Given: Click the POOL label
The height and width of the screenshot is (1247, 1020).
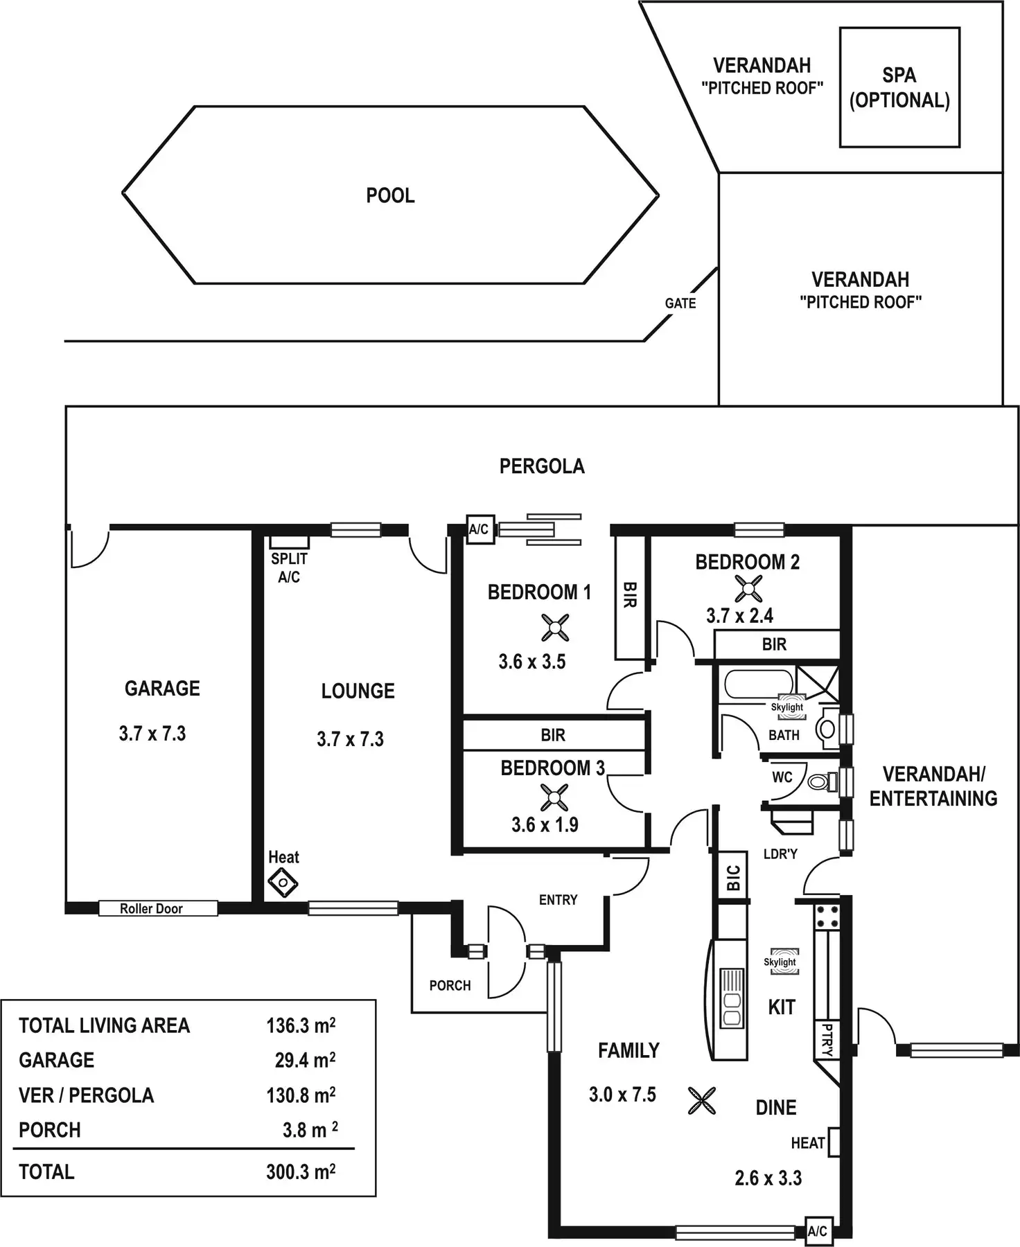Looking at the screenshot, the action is pyautogui.click(x=390, y=195).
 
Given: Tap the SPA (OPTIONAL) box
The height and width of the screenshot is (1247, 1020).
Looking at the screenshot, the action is pyautogui.click(x=899, y=87).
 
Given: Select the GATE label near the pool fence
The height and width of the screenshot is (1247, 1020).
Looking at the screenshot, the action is pyautogui.click(x=680, y=303).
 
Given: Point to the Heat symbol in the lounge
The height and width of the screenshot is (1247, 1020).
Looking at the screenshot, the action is pyautogui.click(x=283, y=883).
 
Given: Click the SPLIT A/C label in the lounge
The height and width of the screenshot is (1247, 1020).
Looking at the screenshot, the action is pyautogui.click(x=289, y=567).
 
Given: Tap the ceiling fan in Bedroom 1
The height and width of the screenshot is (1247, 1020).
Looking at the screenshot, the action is pyautogui.click(x=555, y=628).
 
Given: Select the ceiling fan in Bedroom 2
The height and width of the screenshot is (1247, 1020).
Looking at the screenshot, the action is pyautogui.click(x=748, y=589).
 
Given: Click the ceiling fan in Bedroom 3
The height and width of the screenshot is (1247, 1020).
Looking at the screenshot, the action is pyautogui.click(x=554, y=797).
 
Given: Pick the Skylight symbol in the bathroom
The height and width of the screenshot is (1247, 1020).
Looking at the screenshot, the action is pyautogui.click(x=787, y=707).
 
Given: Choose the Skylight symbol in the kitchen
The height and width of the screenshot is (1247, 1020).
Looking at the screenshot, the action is pyautogui.click(x=780, y=962).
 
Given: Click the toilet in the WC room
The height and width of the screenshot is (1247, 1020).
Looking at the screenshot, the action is pyautogui.click(x=820, y=781).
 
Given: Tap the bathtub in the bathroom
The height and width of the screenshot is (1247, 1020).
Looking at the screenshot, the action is pyautogui.click(x=758, y=684).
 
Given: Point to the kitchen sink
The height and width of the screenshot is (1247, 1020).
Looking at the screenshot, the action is pyautogui.click(x=732, y=998).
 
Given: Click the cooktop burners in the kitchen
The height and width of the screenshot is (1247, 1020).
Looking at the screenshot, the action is pyautogui.click(x=827, y=916).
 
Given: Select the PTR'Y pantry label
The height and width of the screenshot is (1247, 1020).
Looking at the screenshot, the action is pyautogui.click(x=826, y=1039).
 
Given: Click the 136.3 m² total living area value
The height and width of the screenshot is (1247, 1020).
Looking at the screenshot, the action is pyautogui.click(x=301, y=1025).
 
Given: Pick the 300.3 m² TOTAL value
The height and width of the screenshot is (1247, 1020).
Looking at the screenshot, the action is pyautogui.click(x=301, y=1171).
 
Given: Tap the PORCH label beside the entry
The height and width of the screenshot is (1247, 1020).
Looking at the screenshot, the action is pyautogui.click(x=450, y=985).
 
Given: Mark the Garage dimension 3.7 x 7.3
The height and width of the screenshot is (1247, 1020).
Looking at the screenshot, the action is pyautogui.click(x=152, y=734).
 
